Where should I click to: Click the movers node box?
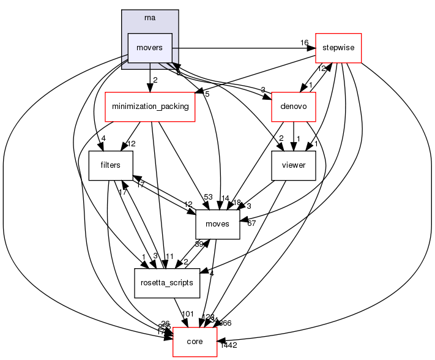point(150,48)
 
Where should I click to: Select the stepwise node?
point(338,48)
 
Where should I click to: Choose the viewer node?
point(293,166)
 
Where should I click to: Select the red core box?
point(194,341)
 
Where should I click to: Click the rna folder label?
point(150,17)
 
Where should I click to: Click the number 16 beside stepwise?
point(304,43)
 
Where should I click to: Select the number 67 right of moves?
point(251,223)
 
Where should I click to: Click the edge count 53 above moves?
point(209,197)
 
